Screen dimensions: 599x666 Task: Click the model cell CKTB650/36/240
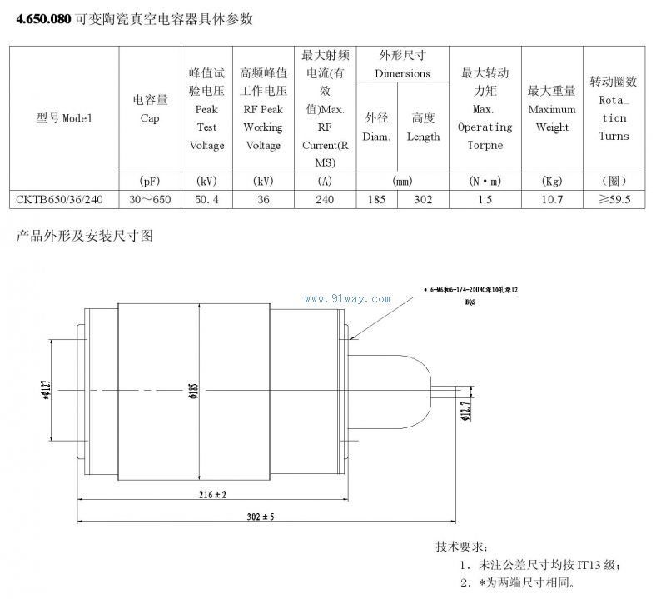tap(59, 200)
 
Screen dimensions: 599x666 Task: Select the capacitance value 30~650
tap(150, 200)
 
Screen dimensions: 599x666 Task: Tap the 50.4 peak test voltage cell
tap(206, 200)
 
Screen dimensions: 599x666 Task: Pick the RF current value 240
tap(325, 200)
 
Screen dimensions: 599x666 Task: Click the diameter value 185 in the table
tap(376, 200)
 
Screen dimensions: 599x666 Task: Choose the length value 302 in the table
tap(423, 200)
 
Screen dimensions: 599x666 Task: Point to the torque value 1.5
tap(485, 200)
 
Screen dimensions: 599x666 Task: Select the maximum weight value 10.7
tap(552, 200)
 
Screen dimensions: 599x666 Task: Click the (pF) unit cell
tap(150, 180)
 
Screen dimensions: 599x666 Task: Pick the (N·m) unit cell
tap(485, 180)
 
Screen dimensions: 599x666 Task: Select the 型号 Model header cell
tap(64, 117)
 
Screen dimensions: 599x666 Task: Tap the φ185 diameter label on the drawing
tap(192, 388)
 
